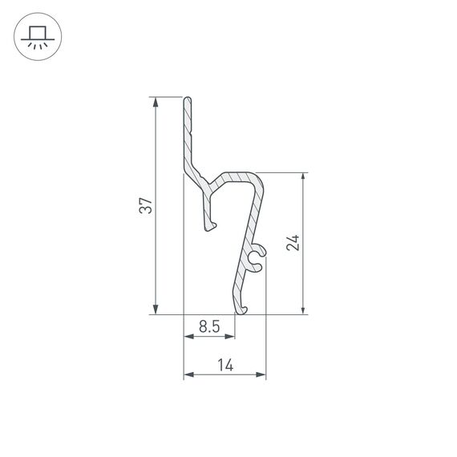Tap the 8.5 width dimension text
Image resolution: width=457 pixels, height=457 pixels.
pyautogui.click(x=209, y=326)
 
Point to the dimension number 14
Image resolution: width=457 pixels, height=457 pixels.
pyautogui.click(x=225, y=365)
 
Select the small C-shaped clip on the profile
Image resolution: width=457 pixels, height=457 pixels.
pyautogui.click(x=256, y=258)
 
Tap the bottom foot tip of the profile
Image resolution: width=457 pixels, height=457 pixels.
pyautogui.click(x=240, y=309)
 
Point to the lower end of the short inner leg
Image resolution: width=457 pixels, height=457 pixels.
pyautogui.click(x=211, y=227)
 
